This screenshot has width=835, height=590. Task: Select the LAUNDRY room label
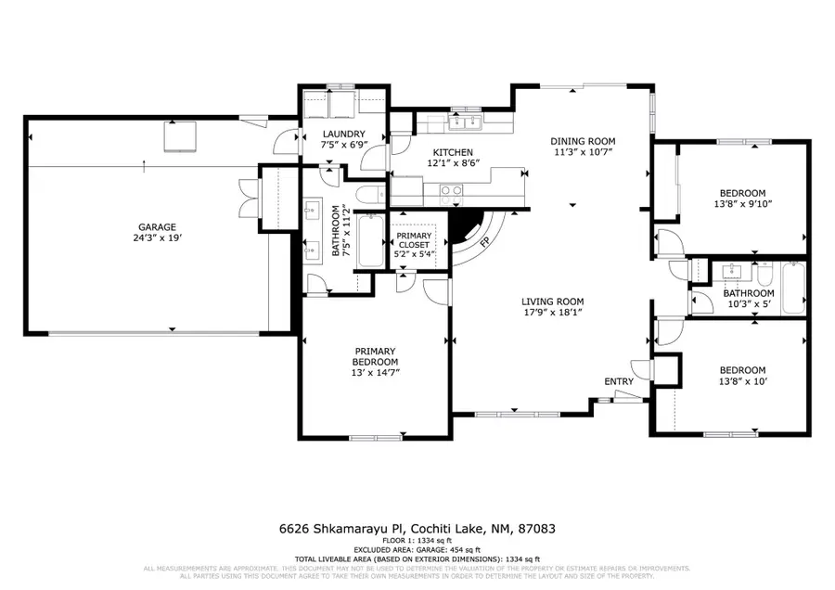click(342, 134)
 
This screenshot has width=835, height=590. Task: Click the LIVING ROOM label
click(551, 301)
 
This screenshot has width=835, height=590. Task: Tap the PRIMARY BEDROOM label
click(375, 356)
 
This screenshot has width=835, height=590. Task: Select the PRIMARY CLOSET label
click(414, 240)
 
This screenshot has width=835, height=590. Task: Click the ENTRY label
click(619, 381)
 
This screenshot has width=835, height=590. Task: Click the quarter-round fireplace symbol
click(469, 229)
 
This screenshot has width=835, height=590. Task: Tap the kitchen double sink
click(462, 121)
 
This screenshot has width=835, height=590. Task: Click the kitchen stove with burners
click(451, 192)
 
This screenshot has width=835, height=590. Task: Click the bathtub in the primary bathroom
click(369, 240)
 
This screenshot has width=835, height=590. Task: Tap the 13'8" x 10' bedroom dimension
click(742, 381)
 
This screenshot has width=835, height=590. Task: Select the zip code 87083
click(537, 529)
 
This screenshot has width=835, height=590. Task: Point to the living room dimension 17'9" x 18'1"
click(551, 313)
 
